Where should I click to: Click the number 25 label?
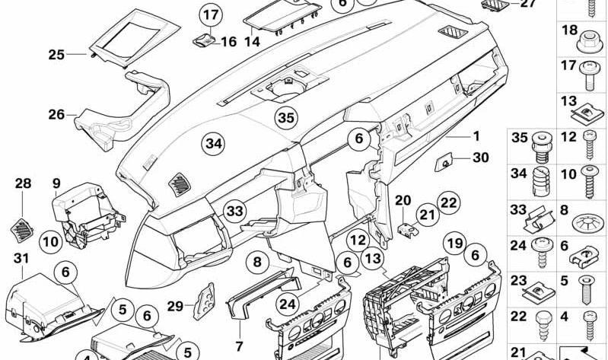point(56,54)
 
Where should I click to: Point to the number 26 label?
point(56,115)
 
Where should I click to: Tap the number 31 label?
point(21,260)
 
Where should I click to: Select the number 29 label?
point(175,306)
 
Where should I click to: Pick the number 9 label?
point(56,183)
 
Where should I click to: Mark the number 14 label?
point(252,43)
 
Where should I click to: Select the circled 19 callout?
point(454,244)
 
